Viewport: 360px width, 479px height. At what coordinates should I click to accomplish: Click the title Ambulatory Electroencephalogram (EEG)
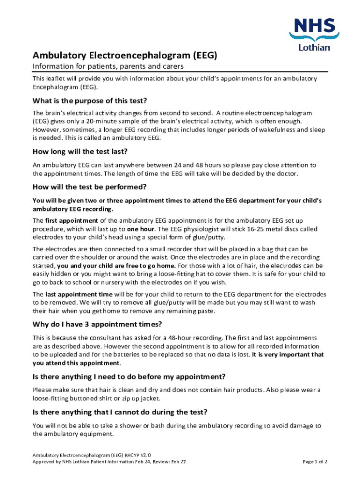(125, 56)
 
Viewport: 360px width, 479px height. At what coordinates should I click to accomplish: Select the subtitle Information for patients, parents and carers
(108, 66)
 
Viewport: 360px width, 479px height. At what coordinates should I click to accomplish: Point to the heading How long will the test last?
(80, 152)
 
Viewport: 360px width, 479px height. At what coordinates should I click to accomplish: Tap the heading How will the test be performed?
(90, 187)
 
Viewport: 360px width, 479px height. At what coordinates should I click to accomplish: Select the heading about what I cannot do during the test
(120, 412)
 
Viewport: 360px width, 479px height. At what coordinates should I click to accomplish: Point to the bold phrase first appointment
(72, 220)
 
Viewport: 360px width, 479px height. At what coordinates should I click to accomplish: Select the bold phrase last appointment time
(79, 294)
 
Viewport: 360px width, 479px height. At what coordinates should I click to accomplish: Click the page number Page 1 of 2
(315, 461)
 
